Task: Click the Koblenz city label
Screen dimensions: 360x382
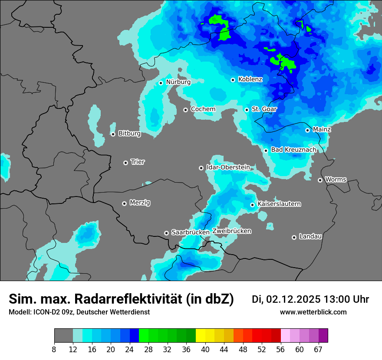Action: pos(250,79)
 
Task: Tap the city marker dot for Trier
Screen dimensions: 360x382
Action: pos(126,163)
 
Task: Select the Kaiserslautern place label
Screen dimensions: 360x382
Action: pos(279,204)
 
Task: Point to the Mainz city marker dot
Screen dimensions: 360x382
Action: pos(307,130)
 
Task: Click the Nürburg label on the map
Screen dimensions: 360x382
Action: pos(178,82)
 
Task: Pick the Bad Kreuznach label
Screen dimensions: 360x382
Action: pos(293,150)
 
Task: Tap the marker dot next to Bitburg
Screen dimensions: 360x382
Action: pos(113,134)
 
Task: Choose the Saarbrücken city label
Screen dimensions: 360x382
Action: pos(191,232)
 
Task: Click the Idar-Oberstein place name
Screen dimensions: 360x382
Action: pos(228,167)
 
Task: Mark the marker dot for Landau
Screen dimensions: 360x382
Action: pos(294,237)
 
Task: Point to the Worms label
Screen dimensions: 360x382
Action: pos(336,180)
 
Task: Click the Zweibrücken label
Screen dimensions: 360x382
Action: pos(231,231)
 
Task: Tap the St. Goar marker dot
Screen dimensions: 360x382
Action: pos(247,110)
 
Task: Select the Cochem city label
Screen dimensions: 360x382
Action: pos(203,109)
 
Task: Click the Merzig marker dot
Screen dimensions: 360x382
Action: pos(124,203)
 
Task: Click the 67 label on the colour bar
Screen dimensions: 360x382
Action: pos(318,349)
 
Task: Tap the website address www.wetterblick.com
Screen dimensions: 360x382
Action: pos(313,312)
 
